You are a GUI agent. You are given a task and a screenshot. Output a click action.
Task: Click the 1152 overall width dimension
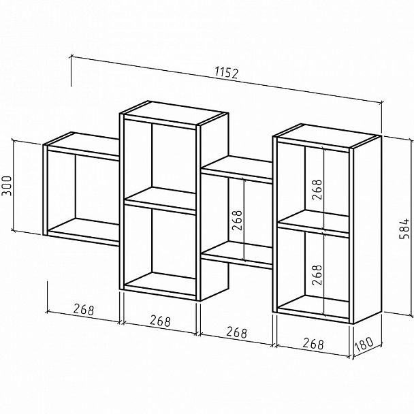(x=227, y=73)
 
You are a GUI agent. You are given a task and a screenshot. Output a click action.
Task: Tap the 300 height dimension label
(x=7, y=186)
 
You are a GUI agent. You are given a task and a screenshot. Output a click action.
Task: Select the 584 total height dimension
(x=404, y=229)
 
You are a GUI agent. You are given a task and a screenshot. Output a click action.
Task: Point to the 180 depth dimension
(x=364, y=345)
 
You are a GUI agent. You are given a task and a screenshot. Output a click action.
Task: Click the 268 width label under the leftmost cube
(x=84, y=309)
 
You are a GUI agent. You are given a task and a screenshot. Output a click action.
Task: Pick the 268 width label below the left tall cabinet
(x=160, y=321)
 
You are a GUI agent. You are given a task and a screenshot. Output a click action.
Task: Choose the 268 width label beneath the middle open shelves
(x=236, y=332)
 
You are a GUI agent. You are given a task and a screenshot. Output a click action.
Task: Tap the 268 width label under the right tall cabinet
(x=313, y=343)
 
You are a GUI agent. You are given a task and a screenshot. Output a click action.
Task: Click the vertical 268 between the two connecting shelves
(x=237, y=220)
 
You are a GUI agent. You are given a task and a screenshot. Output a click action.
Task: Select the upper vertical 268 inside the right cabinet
(x=317, y=189)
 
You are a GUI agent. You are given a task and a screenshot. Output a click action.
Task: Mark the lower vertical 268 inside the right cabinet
(x=317, y=275)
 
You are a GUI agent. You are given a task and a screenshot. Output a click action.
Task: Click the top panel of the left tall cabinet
(x=174, y=113)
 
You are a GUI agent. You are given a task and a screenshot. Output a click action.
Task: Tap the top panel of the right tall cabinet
(x=327, y=136)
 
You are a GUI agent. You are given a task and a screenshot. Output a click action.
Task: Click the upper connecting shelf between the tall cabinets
(x=236, y=169)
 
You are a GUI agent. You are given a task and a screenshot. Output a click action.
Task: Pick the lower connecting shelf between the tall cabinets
(x=236, y=255)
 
